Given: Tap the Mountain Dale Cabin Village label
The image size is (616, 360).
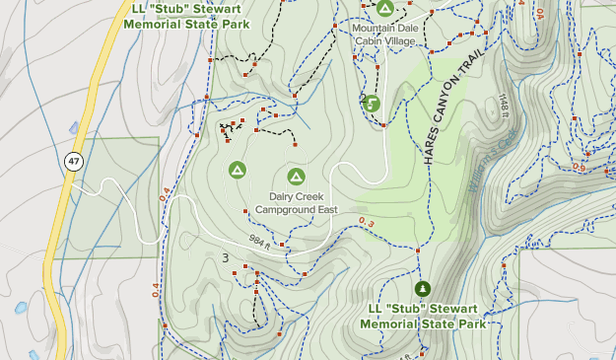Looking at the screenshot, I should [x=385, y=35].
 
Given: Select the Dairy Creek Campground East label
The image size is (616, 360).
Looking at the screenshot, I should [x=296, y=203].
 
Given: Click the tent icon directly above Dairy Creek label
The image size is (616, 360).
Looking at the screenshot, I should [x=295, y=177].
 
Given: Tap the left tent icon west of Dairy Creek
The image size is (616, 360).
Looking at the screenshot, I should [x=237, y=171].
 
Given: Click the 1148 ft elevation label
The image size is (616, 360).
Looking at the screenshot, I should [x=503, y=105].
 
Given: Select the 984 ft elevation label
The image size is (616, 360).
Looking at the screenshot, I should [x=259, y=240].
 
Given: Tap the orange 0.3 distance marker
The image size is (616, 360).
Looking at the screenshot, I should [x=367, y=222].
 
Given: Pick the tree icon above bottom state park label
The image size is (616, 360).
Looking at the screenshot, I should [x=423, y=288].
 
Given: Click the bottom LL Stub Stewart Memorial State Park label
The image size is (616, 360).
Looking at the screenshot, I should [x=423, y=317].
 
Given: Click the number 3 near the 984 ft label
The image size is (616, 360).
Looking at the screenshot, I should [x=226, y=258].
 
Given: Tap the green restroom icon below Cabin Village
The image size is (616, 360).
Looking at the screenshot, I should [x=374, y=103].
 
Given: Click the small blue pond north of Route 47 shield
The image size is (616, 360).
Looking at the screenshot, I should [x=74, y=127].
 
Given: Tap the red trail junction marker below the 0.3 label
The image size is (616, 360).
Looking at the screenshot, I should [x=418, y=252].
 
